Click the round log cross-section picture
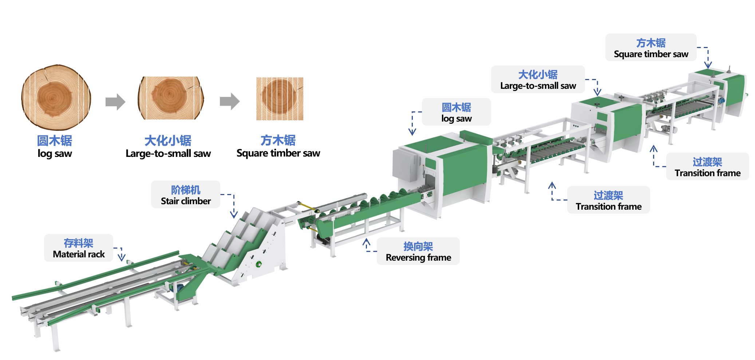56,97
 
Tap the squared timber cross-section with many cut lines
280,99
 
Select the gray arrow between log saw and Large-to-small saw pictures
115,102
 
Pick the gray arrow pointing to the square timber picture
230,101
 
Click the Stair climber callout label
186,195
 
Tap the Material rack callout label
79,248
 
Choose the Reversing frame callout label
418,251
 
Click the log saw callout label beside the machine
456,112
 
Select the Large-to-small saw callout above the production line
538,79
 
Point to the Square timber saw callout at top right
651,47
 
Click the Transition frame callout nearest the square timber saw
707,166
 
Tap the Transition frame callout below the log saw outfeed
609,200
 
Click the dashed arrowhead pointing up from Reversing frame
367,242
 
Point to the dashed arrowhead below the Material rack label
122,257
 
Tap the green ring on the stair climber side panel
258,264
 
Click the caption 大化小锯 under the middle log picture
168,141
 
